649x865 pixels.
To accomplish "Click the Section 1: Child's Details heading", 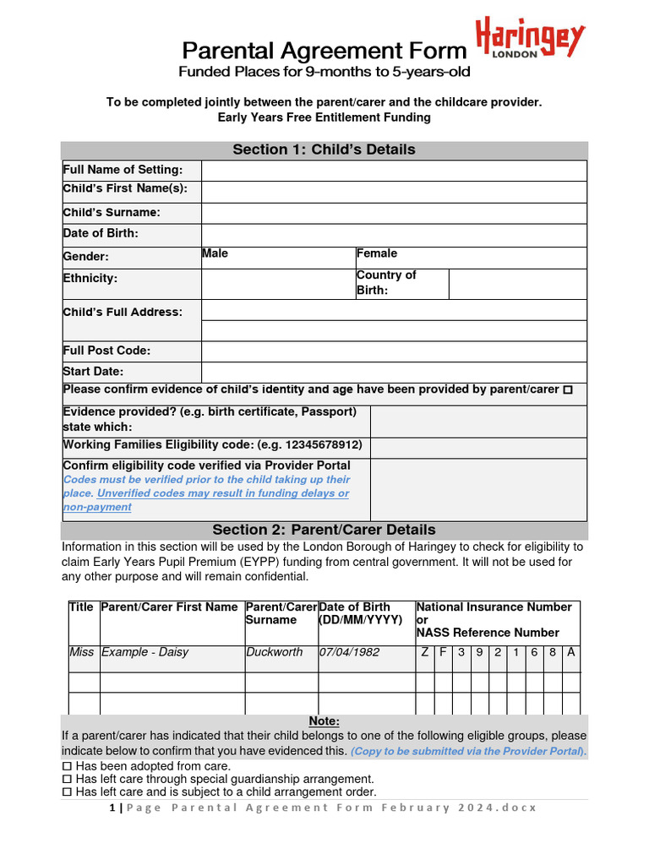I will point(324,150).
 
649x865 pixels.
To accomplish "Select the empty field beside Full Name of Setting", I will point(394,171).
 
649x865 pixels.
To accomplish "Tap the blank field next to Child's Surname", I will point(394,213).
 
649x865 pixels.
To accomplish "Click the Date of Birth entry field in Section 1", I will point(394,235).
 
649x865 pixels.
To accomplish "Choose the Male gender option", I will point(277,258).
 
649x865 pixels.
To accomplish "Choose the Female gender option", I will point(471,258).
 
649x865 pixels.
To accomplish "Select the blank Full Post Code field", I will point(394,351).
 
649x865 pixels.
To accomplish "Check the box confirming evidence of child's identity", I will point(567,390).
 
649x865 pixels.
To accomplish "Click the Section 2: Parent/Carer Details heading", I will point(324,530).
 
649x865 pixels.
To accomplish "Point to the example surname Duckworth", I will point(274,652).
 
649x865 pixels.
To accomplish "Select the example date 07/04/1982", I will point(349,652).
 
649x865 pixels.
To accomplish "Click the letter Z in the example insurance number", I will point(424,652).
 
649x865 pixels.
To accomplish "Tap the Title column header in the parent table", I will point(81,607).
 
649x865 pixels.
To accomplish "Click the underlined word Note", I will point(323,721).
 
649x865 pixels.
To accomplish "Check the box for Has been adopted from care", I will point(68,765).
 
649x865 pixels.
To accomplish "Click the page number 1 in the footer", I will point(112,808).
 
